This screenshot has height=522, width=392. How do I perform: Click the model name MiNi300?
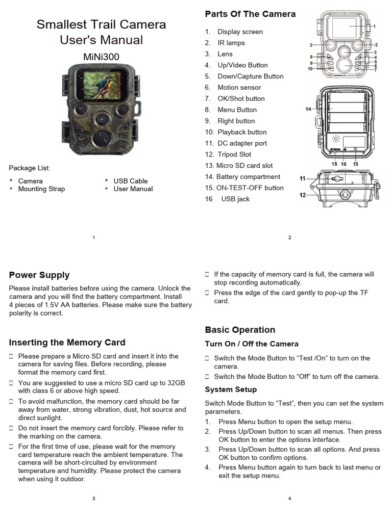click(x=101, y=57)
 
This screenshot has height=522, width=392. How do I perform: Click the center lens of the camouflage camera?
click(x=101, y=119)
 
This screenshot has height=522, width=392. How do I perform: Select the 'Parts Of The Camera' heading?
click(x=250, y=14)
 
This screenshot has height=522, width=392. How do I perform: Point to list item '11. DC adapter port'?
click(x=242, y=143)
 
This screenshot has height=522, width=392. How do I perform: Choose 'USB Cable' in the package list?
click(x=130, y=181)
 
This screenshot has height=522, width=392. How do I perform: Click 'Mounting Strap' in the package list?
click(x=41, y=189)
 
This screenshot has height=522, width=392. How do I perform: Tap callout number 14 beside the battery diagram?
click(x=308, y=109)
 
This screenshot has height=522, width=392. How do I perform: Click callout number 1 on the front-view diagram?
click(x=374, y=26)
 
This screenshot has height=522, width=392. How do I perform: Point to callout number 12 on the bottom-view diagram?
click(x=303, y=195)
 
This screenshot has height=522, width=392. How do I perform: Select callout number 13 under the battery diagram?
click(x=355, y=164)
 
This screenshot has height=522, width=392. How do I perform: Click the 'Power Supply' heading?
click(x=39, y=275)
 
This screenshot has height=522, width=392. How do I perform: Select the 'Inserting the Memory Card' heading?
click(x=67, y=343)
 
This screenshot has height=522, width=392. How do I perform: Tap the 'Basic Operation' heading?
click(x=240, y=330)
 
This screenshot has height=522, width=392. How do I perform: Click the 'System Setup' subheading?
click(x=231, y=389)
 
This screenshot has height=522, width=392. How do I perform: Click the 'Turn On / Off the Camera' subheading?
click(x=252, y=344)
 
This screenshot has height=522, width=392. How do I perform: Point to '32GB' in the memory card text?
click(x=174, y=383)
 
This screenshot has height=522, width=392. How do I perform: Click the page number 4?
click(x=289, y=499)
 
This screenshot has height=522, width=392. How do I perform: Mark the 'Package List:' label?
click(x=30, y=168)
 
